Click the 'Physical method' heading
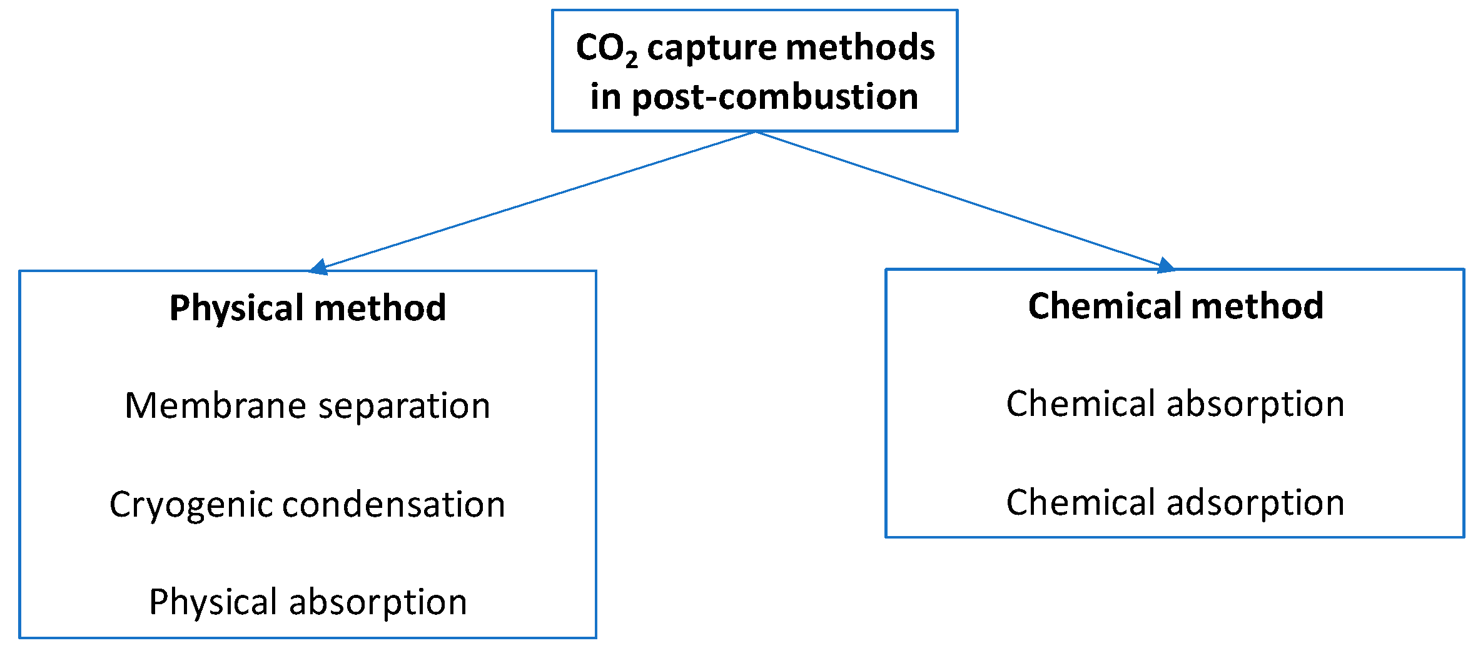coord(308,308)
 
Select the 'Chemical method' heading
coord(1175,306)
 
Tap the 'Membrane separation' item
coord(308,405)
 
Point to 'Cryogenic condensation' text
coord(308,504)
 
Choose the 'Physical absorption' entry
coord(308,602)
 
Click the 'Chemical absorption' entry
coord(1175,403)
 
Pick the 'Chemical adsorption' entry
coord(1175,502)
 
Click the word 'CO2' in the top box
coord(605,49)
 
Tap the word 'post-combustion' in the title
coord(775,98)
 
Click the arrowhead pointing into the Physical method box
coord(319,267)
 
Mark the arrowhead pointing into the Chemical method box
coord(1165,266)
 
